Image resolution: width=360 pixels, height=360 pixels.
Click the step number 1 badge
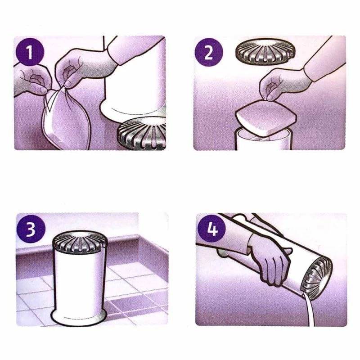click(x=30, y=53)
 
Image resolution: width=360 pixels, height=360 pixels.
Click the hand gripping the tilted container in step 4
click(x=268, y=256)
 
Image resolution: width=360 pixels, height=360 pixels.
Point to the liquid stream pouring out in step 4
click(x=309, y=310)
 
